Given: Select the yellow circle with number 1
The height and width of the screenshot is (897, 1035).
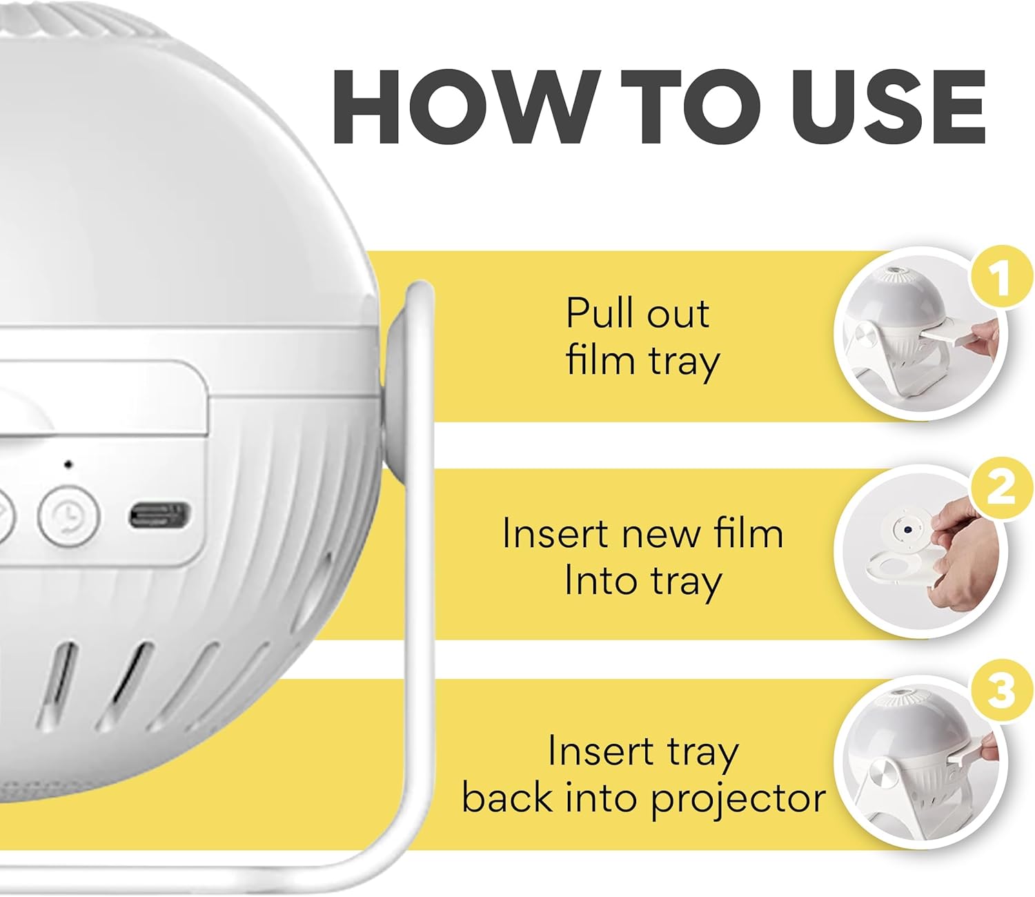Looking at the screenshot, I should point(1000,279).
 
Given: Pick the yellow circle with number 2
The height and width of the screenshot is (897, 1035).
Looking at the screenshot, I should point(1000,489).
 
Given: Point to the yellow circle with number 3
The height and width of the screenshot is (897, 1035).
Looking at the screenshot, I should point(1000,690).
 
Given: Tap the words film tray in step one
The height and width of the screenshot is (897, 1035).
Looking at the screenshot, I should point(642,361).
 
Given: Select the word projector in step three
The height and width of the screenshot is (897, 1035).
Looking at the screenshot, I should point(738,799).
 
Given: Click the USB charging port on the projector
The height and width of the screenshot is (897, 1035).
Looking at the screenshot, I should point(159,515).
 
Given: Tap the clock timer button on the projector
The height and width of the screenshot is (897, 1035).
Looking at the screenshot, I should point(69,515).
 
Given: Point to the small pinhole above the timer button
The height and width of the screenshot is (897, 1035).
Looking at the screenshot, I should point(68,464).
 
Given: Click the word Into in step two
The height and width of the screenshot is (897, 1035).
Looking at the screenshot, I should point(599,581).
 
